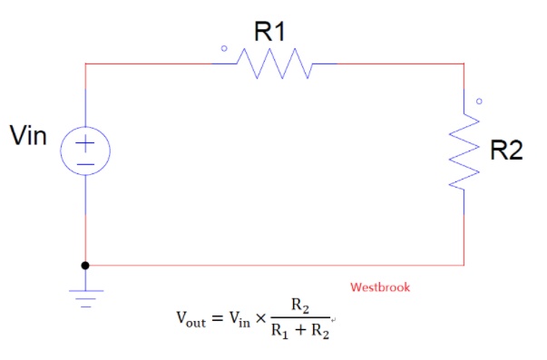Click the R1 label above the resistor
tap(269, 32)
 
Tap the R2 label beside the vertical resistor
tap(506, 150)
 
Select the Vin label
tap(28, 135)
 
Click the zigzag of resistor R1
tap(274, 63)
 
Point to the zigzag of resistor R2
tap(464, 151)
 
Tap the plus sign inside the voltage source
tap(85, 143)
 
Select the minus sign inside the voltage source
tap(85, 164)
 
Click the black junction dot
tap(85, 266)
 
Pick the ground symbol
tap(86, 298)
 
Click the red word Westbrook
tap(380, 287)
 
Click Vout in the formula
tap(191, 319)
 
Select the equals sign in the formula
tap(218, 317)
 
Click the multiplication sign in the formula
tap(260, 317)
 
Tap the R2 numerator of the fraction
tap(300, 306)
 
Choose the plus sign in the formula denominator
tap(300, 330)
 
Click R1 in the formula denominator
tap(280, 331)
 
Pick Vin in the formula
tap(239, 319)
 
